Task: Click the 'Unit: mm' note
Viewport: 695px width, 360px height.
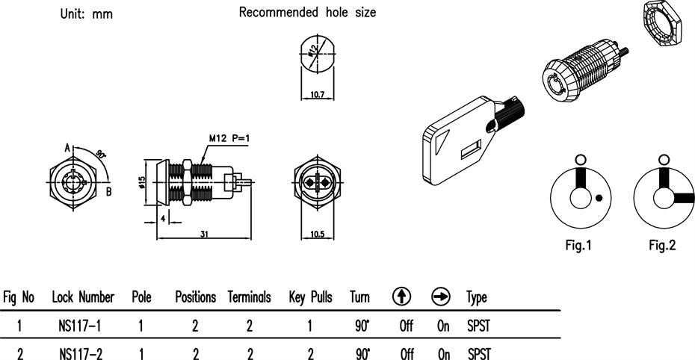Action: [87, 13]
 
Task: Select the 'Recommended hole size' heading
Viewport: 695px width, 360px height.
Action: [307, 12]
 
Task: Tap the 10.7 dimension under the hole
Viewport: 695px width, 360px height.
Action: [318, 94]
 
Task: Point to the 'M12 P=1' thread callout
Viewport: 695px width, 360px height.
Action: [229, 138]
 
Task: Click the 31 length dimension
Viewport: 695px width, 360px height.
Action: [204, 234]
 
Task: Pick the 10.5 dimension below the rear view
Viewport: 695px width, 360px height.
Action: [318, 234]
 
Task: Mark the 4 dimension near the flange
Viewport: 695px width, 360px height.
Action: [163, 218]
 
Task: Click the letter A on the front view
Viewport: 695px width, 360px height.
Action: [67, 147]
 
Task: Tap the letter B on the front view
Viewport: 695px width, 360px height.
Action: [108, 192]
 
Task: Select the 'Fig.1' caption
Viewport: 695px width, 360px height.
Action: [578, 245]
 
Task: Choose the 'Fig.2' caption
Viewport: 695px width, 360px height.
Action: [662, 245]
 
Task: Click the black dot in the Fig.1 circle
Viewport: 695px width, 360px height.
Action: [599, 198]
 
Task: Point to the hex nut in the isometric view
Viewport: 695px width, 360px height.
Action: [662, 23]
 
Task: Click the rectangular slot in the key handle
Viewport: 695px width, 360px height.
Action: [471, 149]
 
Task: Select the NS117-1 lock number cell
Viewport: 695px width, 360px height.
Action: [80, 326]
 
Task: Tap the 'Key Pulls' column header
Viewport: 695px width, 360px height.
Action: [310, 297]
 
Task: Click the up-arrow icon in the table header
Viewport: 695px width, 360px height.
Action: [401, 297]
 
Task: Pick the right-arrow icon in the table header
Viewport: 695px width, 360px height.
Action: [441, 297]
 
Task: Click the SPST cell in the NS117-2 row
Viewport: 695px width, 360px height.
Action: [479, 354]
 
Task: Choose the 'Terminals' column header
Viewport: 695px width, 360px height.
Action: [249, 297]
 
